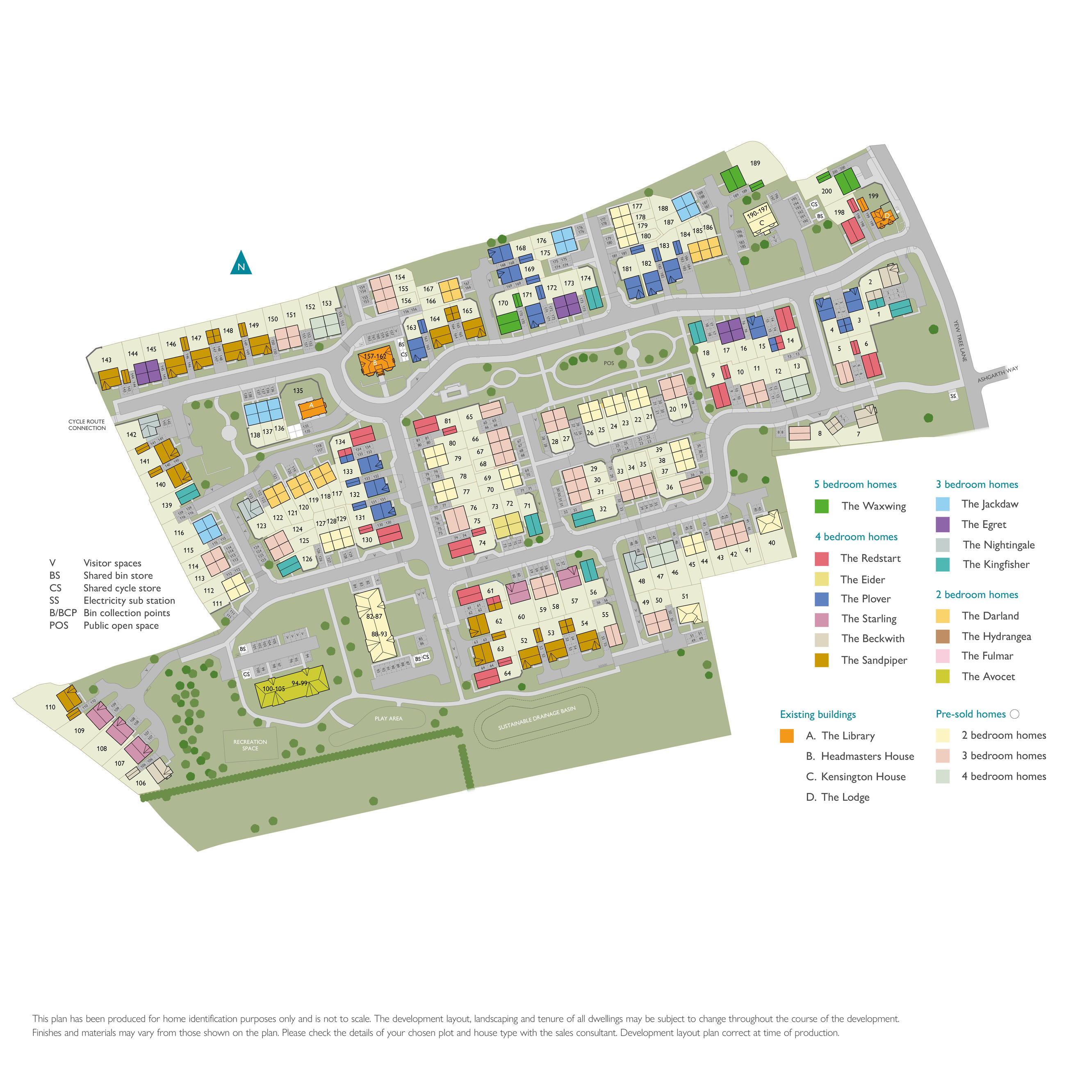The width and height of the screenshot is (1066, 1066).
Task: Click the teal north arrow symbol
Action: point(241,264)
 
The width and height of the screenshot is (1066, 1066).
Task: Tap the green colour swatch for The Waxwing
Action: point(822,506)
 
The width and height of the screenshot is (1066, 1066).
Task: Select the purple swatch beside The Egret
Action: point(943,524)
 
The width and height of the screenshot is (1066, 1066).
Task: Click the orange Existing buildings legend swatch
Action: point(787,736)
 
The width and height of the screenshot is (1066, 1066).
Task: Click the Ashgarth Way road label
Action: point(998,374)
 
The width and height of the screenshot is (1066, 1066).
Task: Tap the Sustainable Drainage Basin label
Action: point(536,718)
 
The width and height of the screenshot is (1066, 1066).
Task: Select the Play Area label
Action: point(388,718)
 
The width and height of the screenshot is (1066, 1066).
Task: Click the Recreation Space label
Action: point(250,745)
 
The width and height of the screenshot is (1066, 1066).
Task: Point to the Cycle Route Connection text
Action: point(87,424)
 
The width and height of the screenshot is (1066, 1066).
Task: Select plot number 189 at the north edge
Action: point(755,163)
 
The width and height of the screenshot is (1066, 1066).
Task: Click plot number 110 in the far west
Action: point(50,707)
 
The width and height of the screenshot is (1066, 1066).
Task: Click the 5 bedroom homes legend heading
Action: point(855,485)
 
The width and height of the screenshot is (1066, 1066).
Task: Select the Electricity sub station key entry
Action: point(129,600)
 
